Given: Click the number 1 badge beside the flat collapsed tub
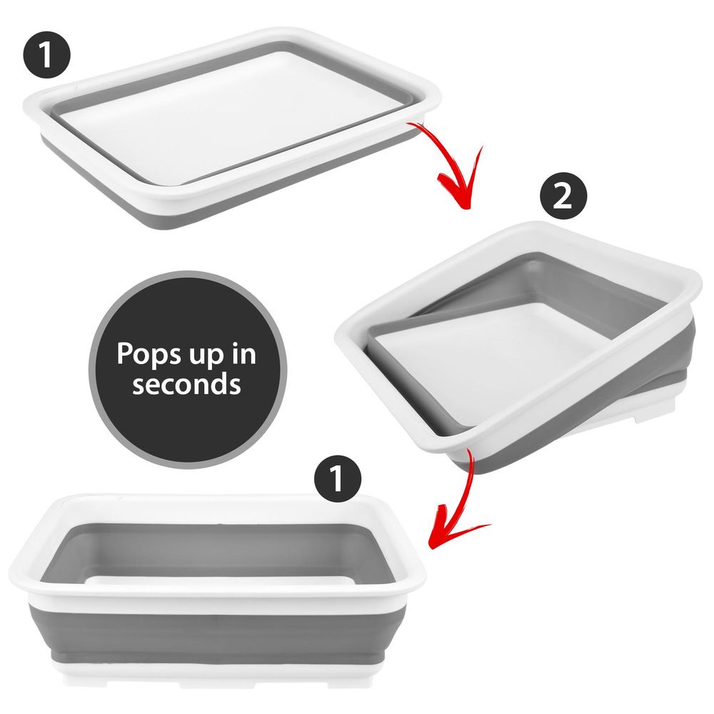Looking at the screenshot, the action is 46,57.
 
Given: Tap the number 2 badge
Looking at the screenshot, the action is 563,196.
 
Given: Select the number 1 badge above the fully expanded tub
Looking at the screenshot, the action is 338,478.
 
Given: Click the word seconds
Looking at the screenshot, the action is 186,384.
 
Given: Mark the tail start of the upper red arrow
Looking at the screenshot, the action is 408,124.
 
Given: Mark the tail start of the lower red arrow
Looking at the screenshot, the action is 468,450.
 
